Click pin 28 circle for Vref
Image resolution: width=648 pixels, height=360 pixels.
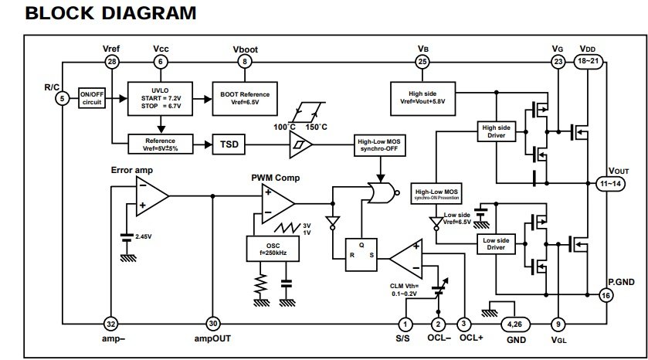pyautogui.click(x=111, y=62)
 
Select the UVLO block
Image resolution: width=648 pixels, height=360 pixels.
pyautogui.click(x=161, y=98)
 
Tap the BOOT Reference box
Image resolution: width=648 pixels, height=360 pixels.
pyautogui.click(x=245, y=98)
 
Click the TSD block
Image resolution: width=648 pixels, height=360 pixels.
pyautogui.click(x=229, y=144)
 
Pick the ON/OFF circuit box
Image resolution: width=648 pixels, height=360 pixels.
pyautogui.click(x=92, y=98)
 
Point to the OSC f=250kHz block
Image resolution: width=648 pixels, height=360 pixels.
pyautogui.click(x=273, y=249)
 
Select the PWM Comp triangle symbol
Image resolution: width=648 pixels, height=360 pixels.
pyautogui.click(x=278, y=204)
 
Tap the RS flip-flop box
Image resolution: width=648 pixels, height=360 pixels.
pyautogui.click(x=361, y=255)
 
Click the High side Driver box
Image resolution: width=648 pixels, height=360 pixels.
pyautogui.click(x=497, y=131)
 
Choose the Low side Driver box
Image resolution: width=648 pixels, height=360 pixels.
pyautogui.click(x=496, y=244)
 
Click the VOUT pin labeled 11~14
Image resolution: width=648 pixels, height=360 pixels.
pyautogui.click(x=610, y=184)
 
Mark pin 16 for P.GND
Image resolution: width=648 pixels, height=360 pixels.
pyautogui.click(x=606, y=296)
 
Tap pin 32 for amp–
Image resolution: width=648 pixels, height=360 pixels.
pyautogui.click(x=110, y=324)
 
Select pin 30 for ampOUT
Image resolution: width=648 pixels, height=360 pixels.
pyautogui.click(x=213, y=324)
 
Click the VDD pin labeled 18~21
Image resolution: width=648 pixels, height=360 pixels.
pyautogui.click(x=588, y=62)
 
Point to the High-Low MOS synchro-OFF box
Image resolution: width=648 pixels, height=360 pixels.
pyautogui.click(x=379, y=145)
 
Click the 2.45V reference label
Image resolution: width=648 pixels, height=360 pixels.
pyautogui.click(x=144, y=237)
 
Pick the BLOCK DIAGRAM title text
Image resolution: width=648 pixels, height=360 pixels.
pyautogui.click(x=110, y=13)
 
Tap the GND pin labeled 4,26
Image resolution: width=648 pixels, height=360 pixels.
pyautogui.click(x=515, y=324)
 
